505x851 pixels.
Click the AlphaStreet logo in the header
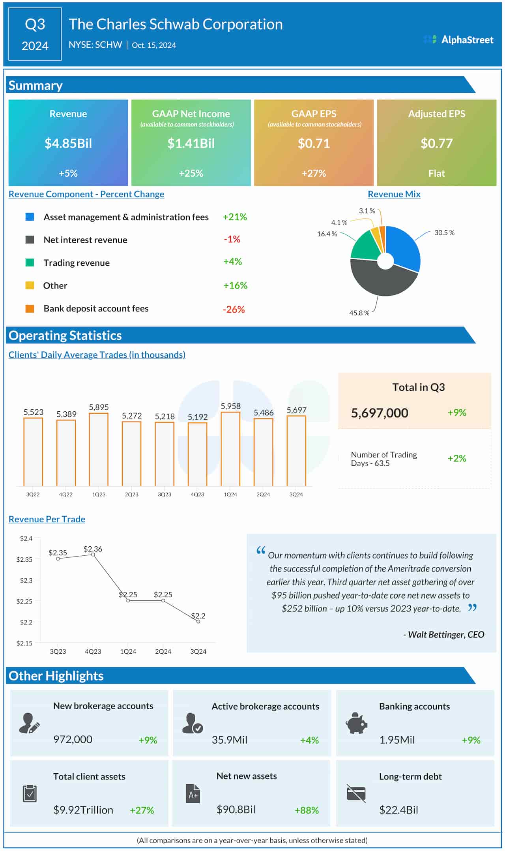pyautogui.click(x=458, y=39)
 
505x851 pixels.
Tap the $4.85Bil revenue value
pyautogui.click(x=68, y=143)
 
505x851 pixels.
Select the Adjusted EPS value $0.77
pyautogui.click(x=436, y=143)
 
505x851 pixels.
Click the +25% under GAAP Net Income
pyautogui.click(x=191, y=173)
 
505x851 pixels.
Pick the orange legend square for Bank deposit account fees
pyautogui.click(x=30, y=309)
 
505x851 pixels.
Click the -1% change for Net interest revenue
pyautogui.click(x=232, y=239)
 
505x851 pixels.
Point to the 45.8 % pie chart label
pyautogui.click(x=359, y=313)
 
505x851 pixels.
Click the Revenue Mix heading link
pyautogui.click(x=394, y=194)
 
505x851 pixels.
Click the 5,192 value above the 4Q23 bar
pyautogui.click(x=198, y=417)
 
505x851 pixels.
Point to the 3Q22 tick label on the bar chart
pyautogui.click(x=33, y=494)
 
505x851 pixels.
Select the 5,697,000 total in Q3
pyautogui.click(x=380, y=413)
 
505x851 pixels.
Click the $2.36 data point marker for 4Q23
pyautogui.click(x=93, y=555)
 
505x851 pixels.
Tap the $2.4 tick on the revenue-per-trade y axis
pyautogui.click(x=26, y=538)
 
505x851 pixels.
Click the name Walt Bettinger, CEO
pyautogui.click(x=444, y=634)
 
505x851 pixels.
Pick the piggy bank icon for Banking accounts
pyautogui.click(x=356, y=724)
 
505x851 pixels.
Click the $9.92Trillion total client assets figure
pyautogui.click(x=83, y=810)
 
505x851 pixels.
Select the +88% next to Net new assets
pyautogui.click(x=307, y=810)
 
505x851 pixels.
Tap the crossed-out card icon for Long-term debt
pyautogui.click(x=356, y=793)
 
